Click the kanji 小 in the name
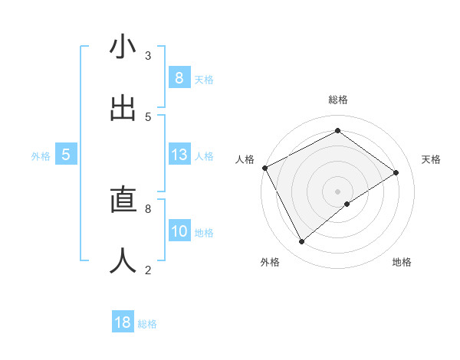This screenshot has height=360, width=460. coord(123,47)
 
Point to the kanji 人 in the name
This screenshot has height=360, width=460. coord(123,260)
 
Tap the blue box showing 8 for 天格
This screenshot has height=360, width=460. coord(179,77)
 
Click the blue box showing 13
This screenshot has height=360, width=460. coord(179,155)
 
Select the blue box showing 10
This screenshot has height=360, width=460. coord(179,231)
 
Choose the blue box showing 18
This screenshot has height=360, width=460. coord(123,322)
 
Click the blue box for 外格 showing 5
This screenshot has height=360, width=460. coord(66,155)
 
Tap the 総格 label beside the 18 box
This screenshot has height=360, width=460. coord(147,324)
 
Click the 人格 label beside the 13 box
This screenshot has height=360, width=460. coord(204,156)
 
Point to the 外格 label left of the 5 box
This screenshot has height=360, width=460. coord(41,156)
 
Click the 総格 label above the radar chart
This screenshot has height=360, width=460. coord(338,100)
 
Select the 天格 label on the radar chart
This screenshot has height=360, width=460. coord(432,159)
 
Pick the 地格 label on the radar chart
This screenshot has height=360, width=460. coord(402,262)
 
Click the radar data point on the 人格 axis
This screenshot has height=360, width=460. coord(264,168)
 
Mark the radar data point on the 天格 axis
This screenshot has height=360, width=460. coord(396,172)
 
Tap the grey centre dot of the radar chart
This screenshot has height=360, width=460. coord(338,191)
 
